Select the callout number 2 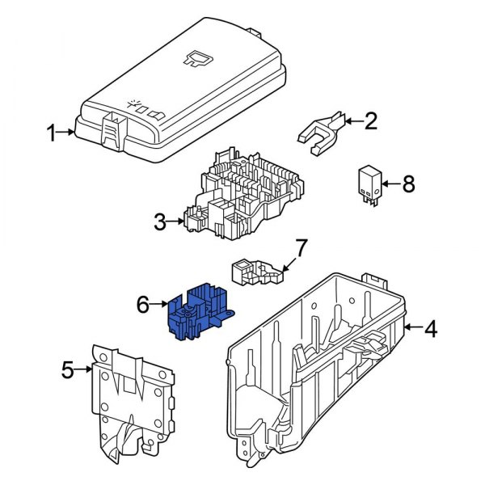(370, 121)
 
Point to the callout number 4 (431, 329)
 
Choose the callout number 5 (68, 371)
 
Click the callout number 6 (142, 305)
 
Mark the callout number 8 (407, 185)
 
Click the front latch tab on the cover (108, 128)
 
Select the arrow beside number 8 (389, 185)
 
